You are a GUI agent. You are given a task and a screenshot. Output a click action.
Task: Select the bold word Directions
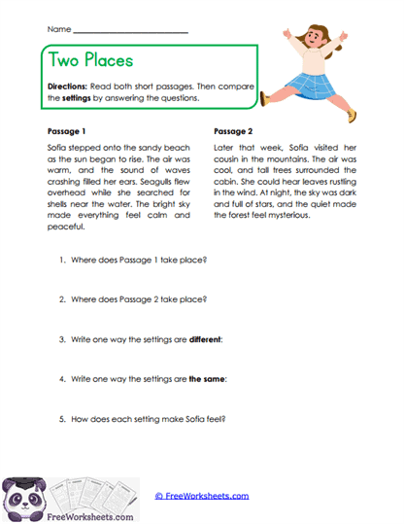click(x=67, y=86)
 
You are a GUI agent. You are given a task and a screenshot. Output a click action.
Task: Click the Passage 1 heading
click(x=66, y=129)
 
